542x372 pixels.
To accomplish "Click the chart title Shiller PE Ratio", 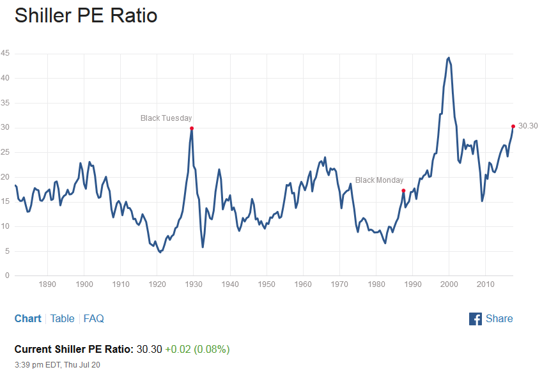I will click(86, 15).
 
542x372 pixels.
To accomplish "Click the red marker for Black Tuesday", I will click(192, 128).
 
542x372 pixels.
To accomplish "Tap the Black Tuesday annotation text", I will click(166, 118).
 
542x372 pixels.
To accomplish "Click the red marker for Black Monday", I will click(403, 190).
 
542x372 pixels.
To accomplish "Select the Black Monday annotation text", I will click(379, 180).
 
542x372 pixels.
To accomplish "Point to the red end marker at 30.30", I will click(513, 126).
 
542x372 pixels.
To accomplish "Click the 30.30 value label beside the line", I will click(527, 126).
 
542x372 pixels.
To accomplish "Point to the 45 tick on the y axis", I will click(5, 54).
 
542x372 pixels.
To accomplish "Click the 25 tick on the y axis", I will click(5, 152).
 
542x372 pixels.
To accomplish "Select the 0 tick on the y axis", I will click(7, 275).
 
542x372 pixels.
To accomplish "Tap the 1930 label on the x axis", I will click(194, 284).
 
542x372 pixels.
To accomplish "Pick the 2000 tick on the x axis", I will click(449, 284).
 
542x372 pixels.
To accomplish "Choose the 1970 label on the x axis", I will click(340, 284).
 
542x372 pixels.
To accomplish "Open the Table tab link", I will click(62, 318).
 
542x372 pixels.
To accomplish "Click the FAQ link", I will click(93, 318).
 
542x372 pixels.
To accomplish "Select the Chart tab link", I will click(27, 318).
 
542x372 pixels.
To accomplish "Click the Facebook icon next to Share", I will click(476, 318).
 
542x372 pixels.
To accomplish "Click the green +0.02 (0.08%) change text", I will click(197, 349).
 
